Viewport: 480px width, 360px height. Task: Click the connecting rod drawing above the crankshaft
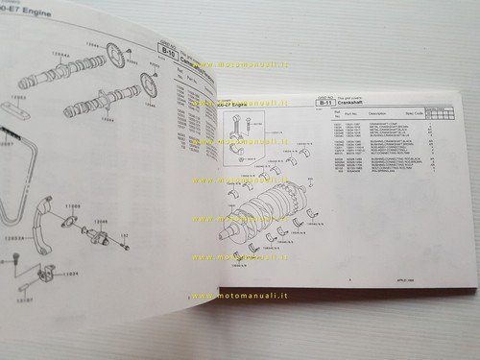248,134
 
